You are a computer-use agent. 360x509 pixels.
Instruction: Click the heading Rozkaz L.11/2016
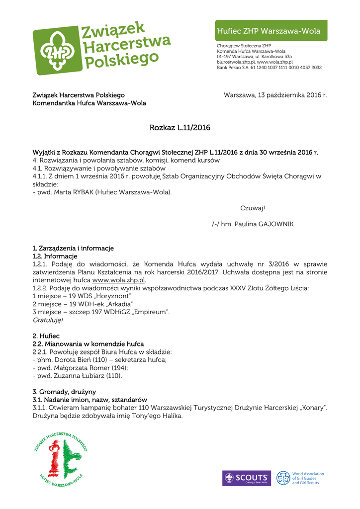tap(180, 128)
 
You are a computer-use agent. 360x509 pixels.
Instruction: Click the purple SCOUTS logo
tap(247, 478)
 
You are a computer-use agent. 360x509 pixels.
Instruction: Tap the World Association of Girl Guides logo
tap(300, 478)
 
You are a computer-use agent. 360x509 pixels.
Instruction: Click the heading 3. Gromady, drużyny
tap(64, 392)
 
